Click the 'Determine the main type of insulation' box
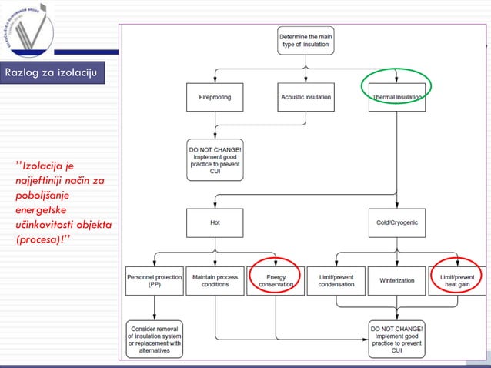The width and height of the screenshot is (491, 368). click(306, 40)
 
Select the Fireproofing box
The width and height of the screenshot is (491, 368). click(215, 98)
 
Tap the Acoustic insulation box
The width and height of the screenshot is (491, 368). click(306, 98)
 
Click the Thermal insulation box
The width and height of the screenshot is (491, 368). click(396, 98)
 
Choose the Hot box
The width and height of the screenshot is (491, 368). click(215, 222)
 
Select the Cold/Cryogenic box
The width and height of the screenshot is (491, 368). click(396, 222)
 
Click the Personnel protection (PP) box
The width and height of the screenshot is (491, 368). click(154, 280)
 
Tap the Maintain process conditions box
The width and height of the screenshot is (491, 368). click(215, 280)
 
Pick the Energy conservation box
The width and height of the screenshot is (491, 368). click(275, 280)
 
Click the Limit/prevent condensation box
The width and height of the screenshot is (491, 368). click(336, 280)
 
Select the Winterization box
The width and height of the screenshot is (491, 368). click(396, 280)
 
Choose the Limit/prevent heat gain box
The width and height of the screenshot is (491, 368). click(457, 280)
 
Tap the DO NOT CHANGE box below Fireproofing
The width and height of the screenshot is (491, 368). click(215, 159)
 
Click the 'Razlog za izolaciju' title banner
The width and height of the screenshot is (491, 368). click(50, 73)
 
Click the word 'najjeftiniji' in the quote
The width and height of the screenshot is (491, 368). click(37, 180)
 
